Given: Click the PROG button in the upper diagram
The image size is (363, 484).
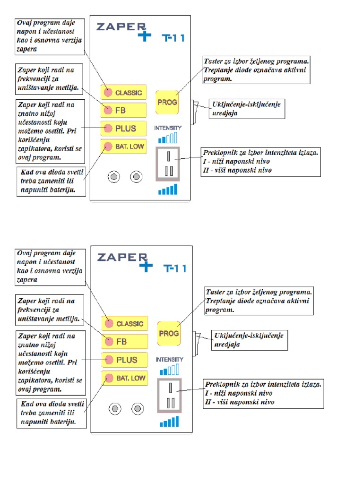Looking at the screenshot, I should [x=167, y=102].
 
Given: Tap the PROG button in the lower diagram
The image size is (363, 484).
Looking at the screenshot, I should [x=169, y=333].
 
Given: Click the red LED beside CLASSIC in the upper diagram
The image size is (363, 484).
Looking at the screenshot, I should [x=108, y=92].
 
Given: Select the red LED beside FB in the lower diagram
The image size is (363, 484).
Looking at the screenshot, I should [x=109, y=341].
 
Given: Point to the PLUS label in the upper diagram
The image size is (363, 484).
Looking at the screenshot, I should [x=126, y=128].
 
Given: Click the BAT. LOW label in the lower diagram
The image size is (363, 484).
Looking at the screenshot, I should [x=131, y=378].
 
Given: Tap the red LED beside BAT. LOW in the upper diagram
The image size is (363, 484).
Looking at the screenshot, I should [x=108, y=146].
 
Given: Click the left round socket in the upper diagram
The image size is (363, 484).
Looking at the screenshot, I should [x=113, y=177].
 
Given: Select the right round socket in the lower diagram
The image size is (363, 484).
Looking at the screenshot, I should [x=138, y=408].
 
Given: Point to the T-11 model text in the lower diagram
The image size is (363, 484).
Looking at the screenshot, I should [x=175, y=268].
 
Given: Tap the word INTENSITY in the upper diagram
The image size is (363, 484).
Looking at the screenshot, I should [x=168, y=128].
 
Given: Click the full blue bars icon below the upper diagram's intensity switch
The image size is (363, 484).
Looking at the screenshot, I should [x=168, y=190].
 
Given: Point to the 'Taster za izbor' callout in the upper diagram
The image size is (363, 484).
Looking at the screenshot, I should [x=256, y=70].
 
